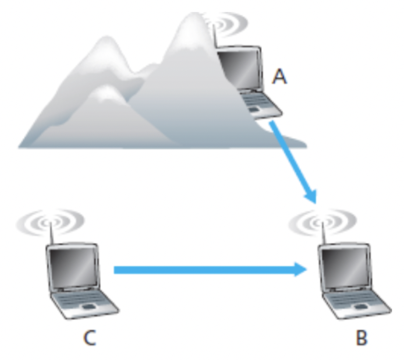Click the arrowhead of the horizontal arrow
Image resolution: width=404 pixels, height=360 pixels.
(x=301, y=269)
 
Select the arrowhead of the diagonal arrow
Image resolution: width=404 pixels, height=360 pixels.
(x=311, y=195)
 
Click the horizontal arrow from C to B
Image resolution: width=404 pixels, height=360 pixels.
(x=204, y=269)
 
